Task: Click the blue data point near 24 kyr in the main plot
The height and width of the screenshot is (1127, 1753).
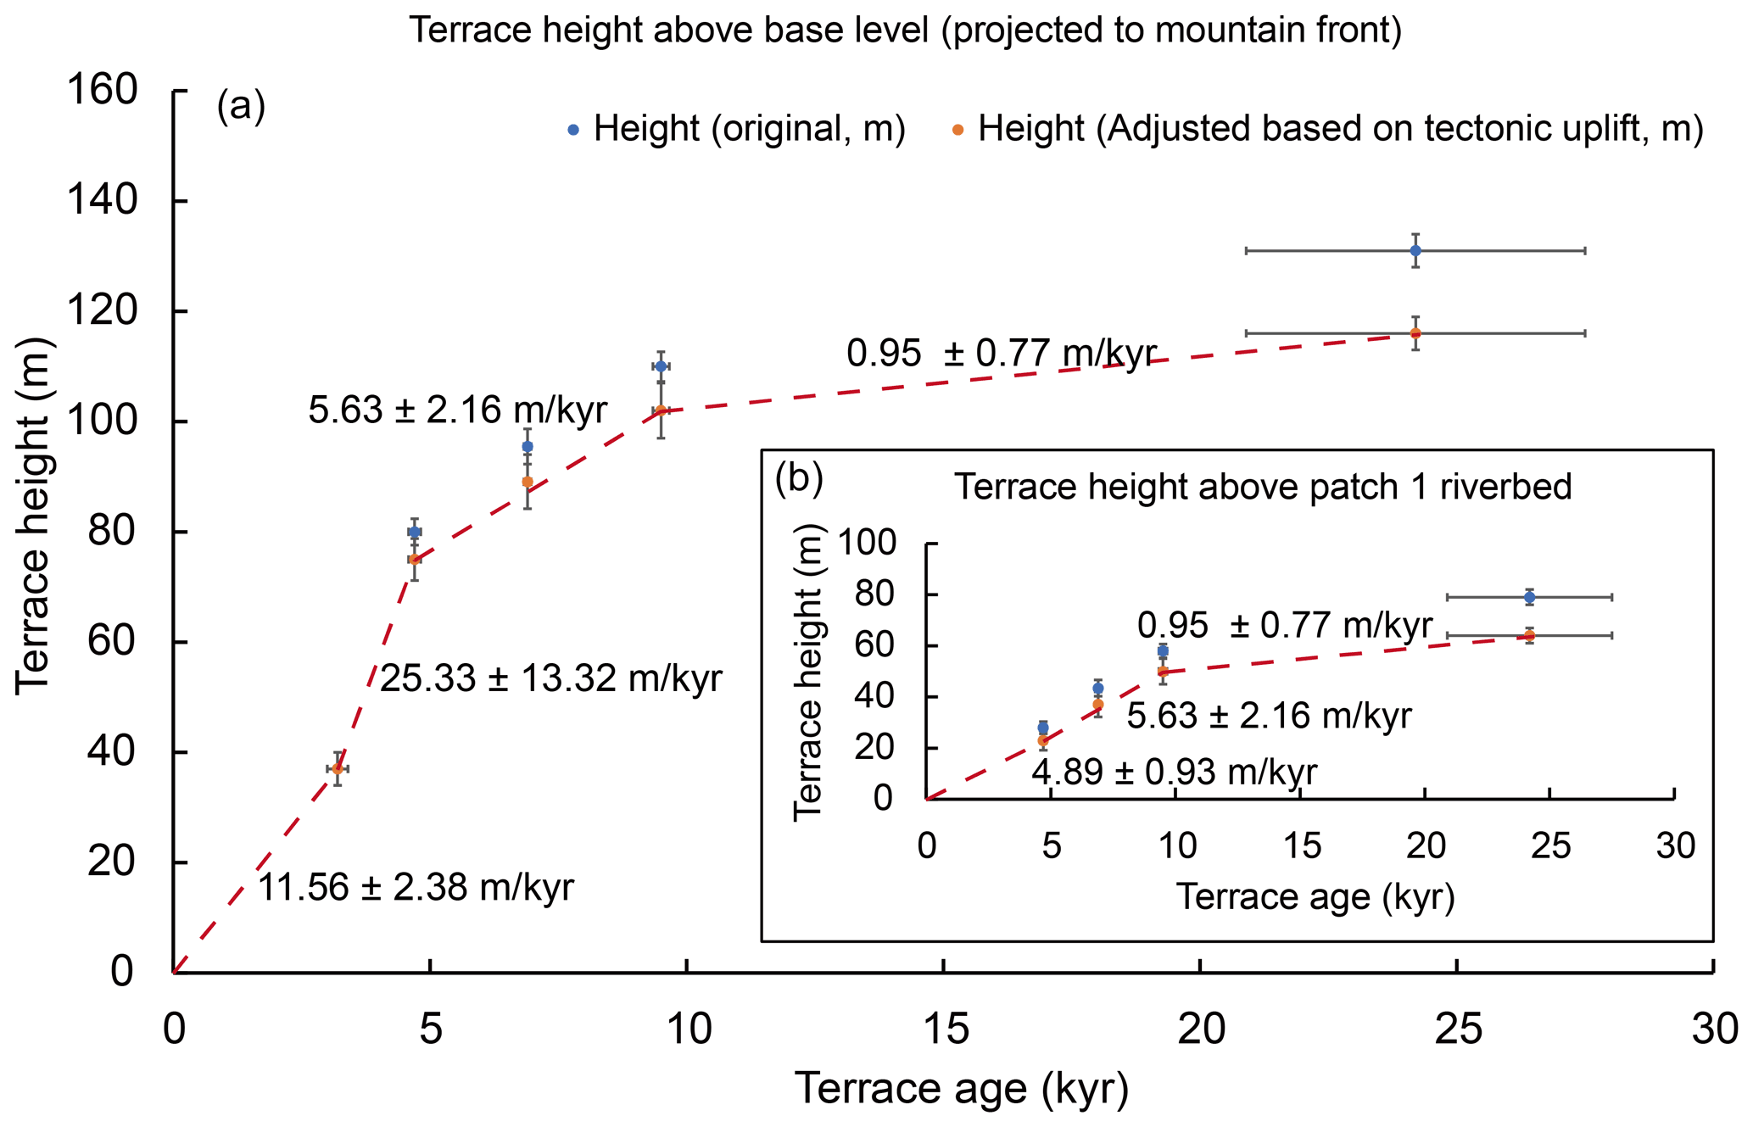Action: pos(1415,251)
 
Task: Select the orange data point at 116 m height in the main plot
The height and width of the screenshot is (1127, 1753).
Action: pos(1415,333)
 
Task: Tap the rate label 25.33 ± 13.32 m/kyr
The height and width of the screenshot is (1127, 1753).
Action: pos(550,678)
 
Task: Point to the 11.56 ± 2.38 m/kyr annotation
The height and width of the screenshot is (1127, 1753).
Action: pos(416,888)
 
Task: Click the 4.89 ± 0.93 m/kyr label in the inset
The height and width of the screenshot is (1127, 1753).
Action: pos(1174,773)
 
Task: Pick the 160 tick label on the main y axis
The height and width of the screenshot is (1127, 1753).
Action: pos(102,90)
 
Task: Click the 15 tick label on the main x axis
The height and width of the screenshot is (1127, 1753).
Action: pos(945,1029)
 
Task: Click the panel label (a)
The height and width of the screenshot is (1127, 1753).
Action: pos(241,107)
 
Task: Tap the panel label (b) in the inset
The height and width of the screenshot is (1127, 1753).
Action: pos(799,479)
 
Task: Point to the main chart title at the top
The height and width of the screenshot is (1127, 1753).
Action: pos(905,31)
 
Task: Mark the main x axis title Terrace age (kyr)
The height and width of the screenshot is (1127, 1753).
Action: pos(961,1090)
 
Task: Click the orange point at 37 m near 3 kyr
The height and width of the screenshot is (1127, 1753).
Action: pos(338,768)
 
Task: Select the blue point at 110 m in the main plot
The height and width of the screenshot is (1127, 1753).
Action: pos(661,366)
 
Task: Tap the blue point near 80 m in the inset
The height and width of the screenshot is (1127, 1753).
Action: pos(1529,598)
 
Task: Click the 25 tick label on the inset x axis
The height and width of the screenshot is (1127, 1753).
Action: pos(1550,846)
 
